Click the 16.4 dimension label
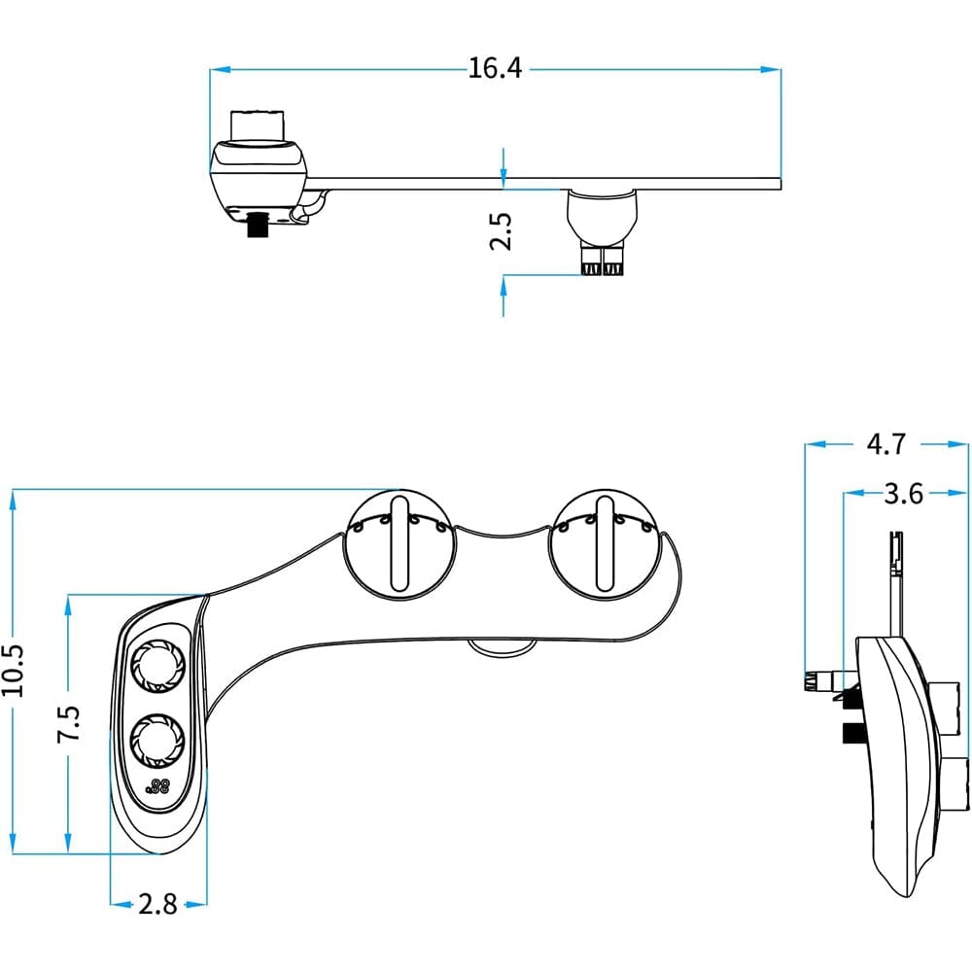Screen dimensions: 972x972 coord(496,69)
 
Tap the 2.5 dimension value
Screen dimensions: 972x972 coord(501,231)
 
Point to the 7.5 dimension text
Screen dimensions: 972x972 coord(69,724)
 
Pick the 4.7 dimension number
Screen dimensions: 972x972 coord(885,444)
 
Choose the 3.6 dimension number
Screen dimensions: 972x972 coord(903,494)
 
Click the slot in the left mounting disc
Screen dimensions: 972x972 coord(399,544)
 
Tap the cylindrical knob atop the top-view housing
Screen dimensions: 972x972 coord(258,125)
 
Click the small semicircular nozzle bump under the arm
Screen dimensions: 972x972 coord(500,646)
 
